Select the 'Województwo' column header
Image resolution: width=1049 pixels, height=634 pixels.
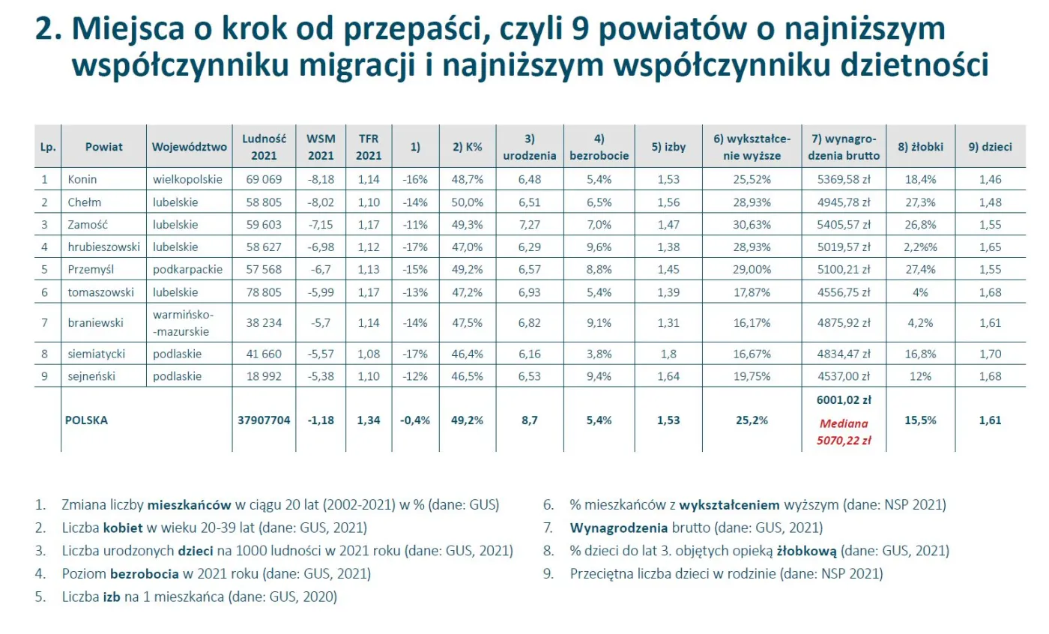[189, 147]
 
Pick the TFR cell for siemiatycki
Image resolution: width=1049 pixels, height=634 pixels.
[368, 354]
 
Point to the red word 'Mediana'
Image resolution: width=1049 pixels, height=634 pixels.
[843, 424]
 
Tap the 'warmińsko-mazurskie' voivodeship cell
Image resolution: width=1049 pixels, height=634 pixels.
[181, 323]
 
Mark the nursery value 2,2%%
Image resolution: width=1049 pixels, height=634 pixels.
[920, 247]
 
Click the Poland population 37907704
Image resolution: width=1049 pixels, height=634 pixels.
[264, 420]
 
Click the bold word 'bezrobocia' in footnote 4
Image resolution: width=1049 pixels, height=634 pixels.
[139, 574]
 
